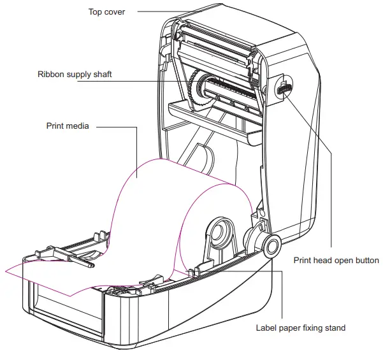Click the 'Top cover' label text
click(108, 11)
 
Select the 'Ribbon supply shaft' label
click(75, 75)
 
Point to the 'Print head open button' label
click(336, 260)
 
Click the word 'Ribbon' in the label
click(51, 75)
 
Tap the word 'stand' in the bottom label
click(335, 328)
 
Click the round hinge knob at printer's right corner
click(269, 245)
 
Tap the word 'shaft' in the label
click(102, 75)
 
